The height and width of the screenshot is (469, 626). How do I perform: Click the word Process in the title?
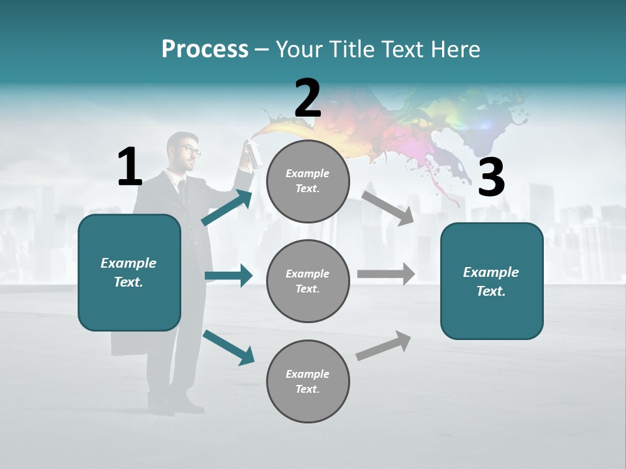(x=205, y=49)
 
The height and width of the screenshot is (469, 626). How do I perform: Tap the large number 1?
(x=130, y=167)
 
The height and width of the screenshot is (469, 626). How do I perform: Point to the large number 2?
(x=308, y=98)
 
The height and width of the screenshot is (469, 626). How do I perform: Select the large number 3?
(x=491, y=177)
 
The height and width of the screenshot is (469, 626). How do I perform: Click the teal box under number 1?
(x=129, y=272)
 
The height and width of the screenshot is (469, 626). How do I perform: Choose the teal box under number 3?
(x=492, y=281)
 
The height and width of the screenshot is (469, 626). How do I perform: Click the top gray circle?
(x=308, y=181)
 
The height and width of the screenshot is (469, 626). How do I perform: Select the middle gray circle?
(x=308, y=281)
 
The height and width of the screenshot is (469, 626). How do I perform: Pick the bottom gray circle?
(x=308, y=381)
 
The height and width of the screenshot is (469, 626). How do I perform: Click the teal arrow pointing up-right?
(x=227, y=208)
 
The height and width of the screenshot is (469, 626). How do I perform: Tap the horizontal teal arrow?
(x=228, y=276)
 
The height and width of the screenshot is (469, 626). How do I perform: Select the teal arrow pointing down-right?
(x=228, y=346)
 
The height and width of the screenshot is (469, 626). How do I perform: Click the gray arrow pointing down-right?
(x=387, y=208)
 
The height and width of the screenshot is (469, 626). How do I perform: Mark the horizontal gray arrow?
(x=385, y=274)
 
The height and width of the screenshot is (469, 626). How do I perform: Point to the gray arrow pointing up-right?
(x=383, y=345)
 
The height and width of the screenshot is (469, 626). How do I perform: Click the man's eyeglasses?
(x=190, y=150)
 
